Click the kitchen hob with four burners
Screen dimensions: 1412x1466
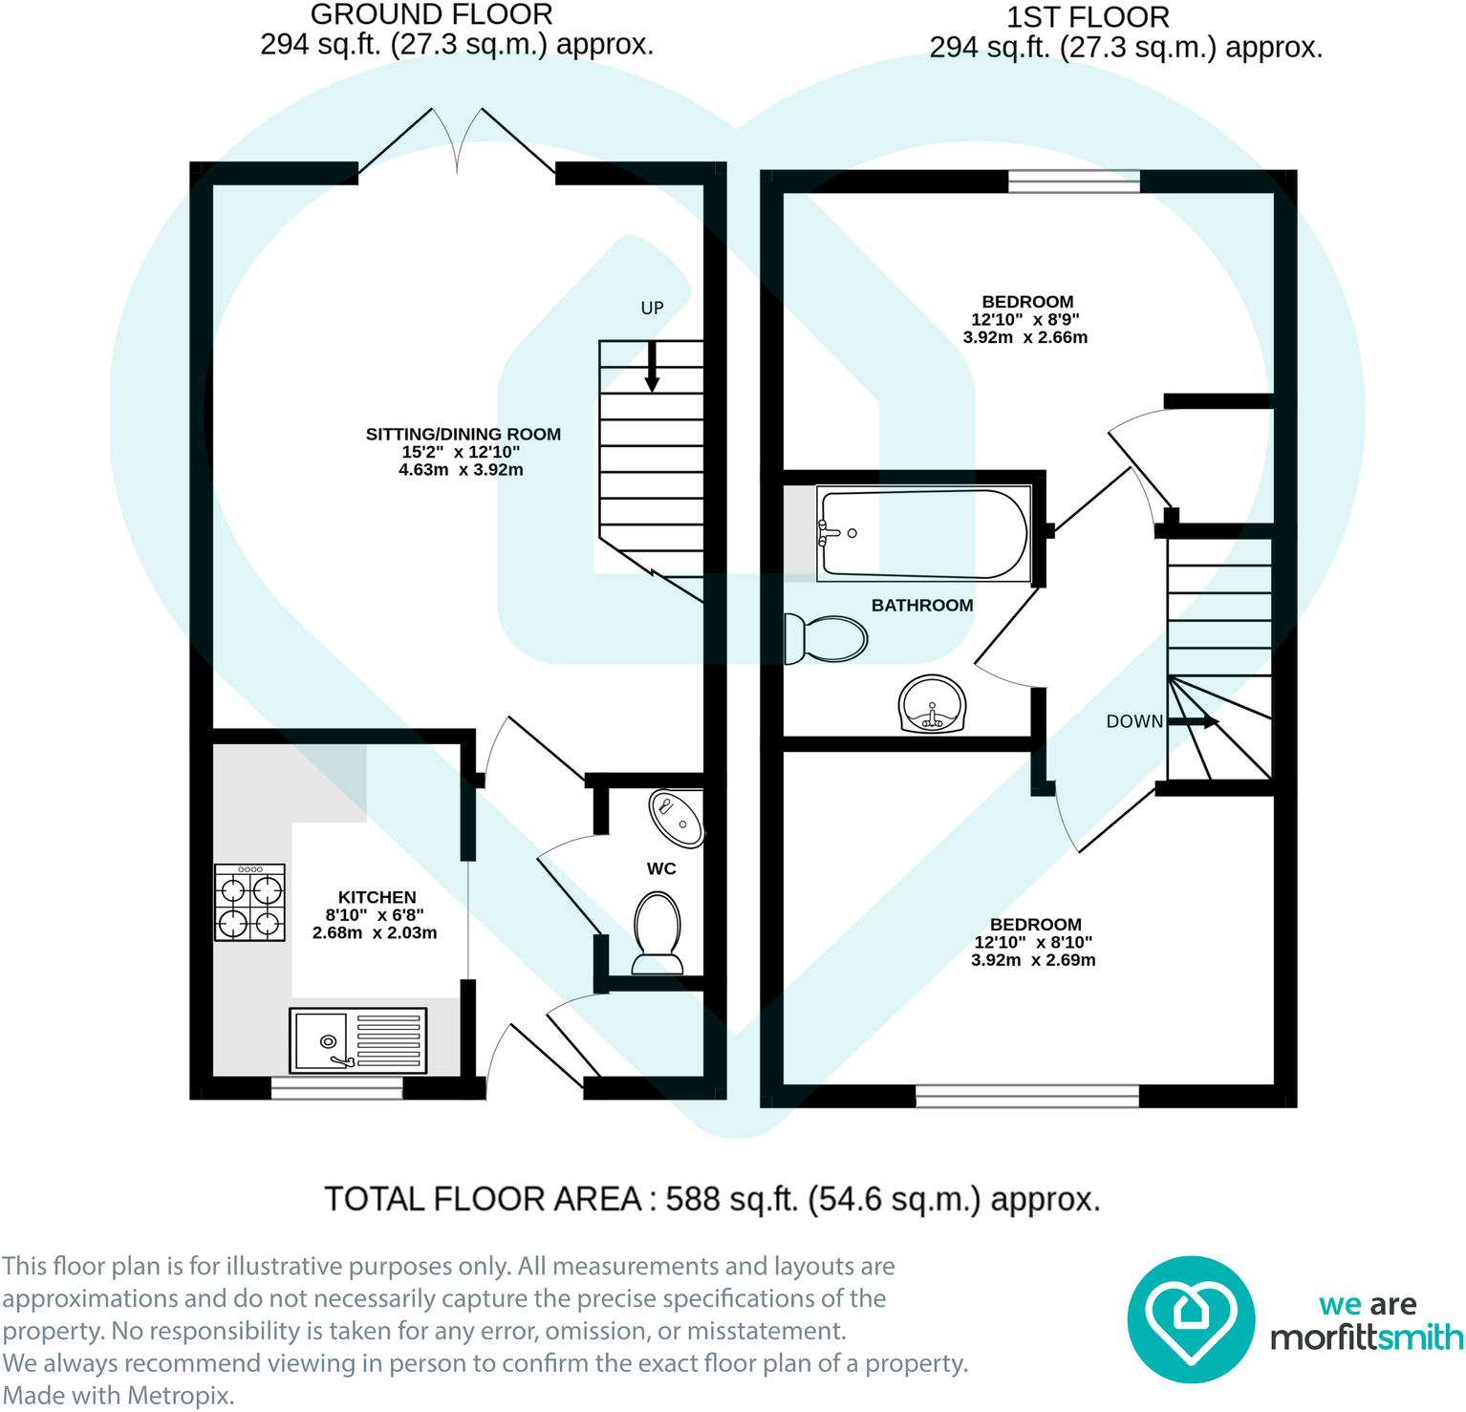point(249,903)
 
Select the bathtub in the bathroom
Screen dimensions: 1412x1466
point(923,534)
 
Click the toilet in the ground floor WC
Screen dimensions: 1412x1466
point(658,931)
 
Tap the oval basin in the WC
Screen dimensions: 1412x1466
point(677,819)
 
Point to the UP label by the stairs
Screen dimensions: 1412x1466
point(652,308)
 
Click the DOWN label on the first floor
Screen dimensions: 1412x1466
point(1134,721)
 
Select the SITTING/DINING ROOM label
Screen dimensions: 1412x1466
point(463,435)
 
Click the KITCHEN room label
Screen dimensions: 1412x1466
point(377,897)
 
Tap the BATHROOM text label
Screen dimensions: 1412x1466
point(921,606)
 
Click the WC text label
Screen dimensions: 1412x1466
point(661,868)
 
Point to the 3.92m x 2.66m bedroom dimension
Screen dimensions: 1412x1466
point(1024,337)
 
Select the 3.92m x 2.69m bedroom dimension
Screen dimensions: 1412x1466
point(1033,960)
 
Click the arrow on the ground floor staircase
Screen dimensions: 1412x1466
point(652,368)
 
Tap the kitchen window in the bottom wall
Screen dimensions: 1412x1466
point(336,1087)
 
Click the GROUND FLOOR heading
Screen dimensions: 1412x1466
point(431,15)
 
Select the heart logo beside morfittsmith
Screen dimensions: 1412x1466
point(1190,1319)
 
